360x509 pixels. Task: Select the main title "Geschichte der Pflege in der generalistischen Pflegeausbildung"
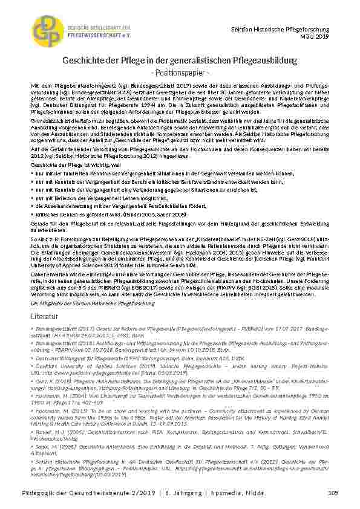(x=180, y=61)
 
